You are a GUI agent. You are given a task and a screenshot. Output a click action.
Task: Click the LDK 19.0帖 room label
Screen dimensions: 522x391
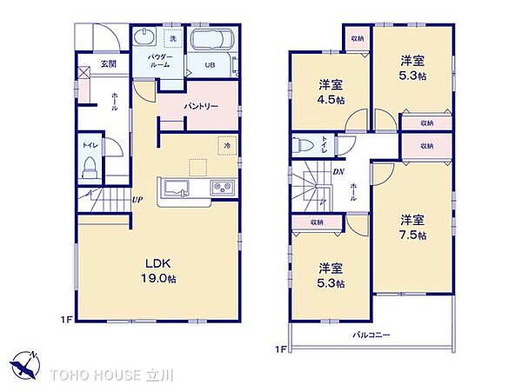(158, 271)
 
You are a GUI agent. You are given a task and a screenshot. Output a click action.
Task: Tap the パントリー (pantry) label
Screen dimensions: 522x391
(201, 106)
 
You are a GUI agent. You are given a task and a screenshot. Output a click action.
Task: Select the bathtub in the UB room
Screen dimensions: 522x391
(211, 39)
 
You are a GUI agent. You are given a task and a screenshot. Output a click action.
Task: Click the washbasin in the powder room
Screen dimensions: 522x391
(144, 36)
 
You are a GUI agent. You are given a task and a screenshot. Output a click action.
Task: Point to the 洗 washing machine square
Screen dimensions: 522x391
(173, 38)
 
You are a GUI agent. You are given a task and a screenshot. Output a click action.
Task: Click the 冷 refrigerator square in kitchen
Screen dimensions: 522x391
(227, 146)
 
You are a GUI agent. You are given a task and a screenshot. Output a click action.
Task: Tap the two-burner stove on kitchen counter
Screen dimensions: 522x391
(222, 187)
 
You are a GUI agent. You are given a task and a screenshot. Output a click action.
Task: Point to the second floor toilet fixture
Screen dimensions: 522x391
(303, 145)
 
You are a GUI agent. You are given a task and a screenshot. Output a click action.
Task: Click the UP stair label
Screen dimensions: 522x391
(137, 200)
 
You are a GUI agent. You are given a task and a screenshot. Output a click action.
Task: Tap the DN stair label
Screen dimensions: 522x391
(338, 172)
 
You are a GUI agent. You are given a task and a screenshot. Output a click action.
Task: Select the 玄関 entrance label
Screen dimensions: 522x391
(109, 63)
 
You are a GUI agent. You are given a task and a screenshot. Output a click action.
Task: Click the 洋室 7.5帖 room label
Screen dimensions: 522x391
(412, 228)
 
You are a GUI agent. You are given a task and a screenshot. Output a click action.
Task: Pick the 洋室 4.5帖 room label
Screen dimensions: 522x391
(331, 92)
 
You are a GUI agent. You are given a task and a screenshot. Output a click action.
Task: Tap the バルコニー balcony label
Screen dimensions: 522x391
(371, 335)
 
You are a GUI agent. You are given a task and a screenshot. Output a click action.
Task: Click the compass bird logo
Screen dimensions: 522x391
(24, 364)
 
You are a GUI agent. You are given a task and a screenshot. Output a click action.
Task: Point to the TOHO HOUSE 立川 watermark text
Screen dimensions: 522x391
(112, 375)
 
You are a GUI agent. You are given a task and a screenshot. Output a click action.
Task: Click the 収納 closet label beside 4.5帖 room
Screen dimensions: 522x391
(358, 38)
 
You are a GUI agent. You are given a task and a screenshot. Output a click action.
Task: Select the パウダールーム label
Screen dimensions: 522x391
(160, 61)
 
